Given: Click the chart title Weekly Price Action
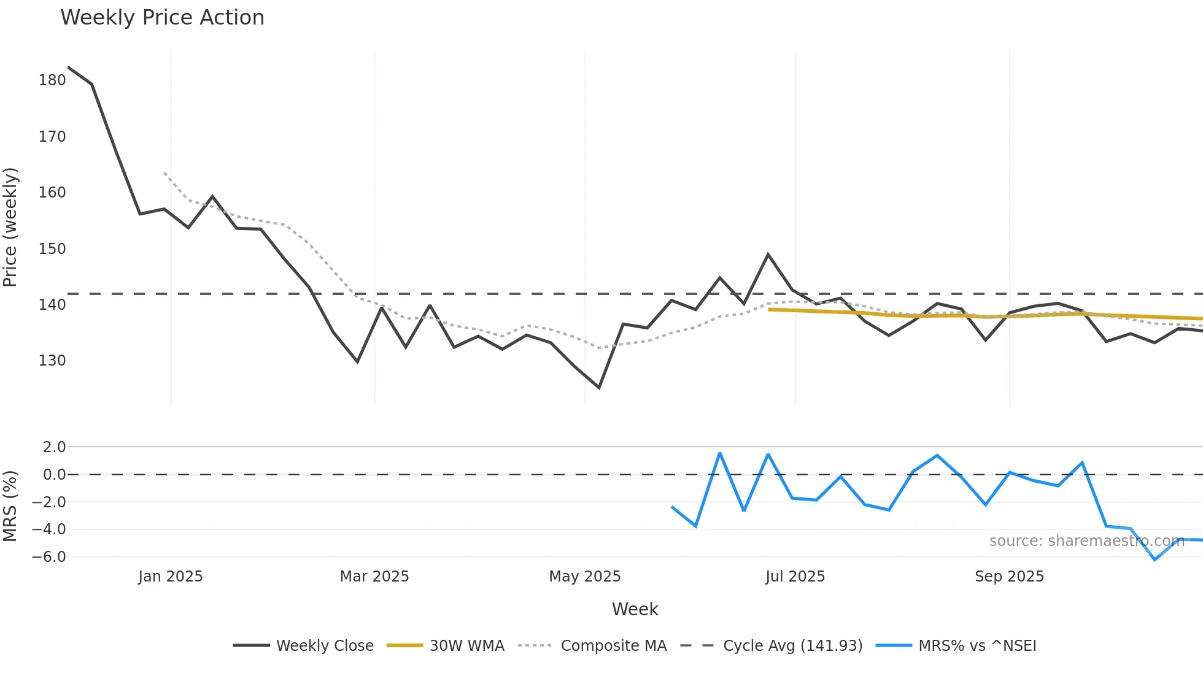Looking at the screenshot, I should tap(162, 18).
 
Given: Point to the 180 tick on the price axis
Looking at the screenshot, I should tap(52, 80).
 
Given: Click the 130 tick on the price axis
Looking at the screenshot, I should tap(52, 361).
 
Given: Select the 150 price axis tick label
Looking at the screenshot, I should tap(52, 249).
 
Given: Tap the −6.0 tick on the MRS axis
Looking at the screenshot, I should tap(49, 557).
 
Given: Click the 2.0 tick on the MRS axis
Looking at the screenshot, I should tap(54, 447).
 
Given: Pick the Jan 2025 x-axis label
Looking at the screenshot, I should tap(171, 577).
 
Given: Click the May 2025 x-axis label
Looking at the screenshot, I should tap(585, 577).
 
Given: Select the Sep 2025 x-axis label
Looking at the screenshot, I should tap(1009, 577).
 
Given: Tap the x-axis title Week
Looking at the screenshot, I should tap(635, 609).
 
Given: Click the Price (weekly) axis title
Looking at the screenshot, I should tap(10, 227).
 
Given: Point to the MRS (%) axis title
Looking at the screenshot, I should tap(10, 506).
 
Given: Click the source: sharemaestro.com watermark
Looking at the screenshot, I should tap(1086, 541).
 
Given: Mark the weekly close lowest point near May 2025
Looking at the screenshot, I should tap(599, 388).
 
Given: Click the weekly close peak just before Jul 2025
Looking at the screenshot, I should tap(768, 254).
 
